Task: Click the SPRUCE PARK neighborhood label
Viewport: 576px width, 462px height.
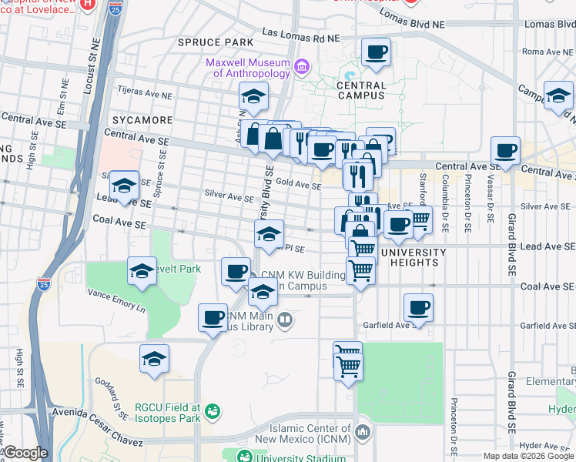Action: [215, 42]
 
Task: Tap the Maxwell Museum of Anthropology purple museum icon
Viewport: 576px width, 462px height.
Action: [301, 67]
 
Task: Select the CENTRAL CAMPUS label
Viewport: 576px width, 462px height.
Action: [361, 90]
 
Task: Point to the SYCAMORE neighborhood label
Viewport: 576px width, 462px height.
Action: [142, 121]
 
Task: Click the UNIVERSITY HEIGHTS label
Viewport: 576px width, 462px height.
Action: [414, 258]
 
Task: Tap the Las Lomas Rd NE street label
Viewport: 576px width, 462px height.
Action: [301, 35]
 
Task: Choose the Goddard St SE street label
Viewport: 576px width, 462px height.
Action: [112, 398]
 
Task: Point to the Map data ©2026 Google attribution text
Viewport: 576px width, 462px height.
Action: [527, 456]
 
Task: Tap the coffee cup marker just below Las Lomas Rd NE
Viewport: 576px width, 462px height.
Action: [376, 52]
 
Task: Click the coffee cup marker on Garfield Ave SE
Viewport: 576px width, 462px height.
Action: [418, 308]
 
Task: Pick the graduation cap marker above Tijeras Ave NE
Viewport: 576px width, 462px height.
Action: [253, 97]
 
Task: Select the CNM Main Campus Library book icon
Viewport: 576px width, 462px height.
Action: [284, 320]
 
